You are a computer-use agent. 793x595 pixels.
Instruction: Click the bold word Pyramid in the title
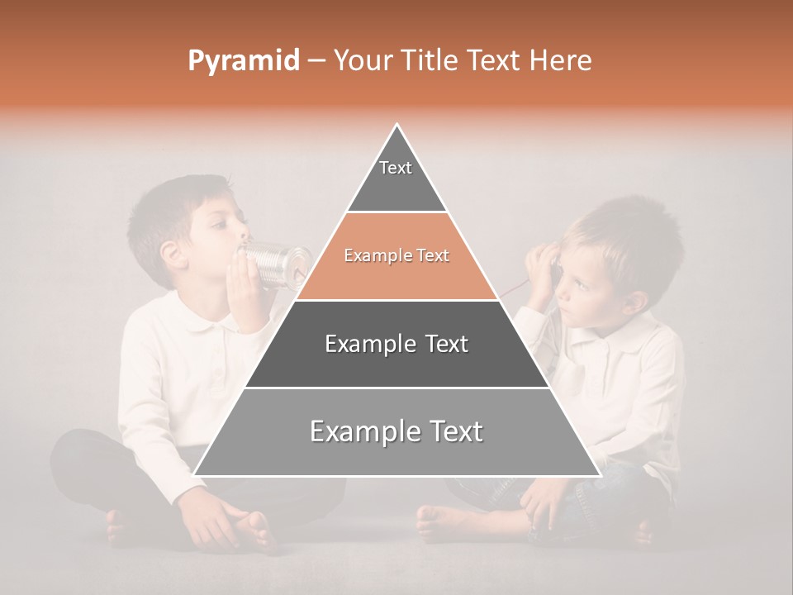point(243,61)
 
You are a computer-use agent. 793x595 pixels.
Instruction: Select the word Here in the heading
point(561,60)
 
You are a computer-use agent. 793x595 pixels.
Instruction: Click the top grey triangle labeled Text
point(396,178)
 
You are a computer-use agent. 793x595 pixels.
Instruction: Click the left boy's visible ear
point(173,254)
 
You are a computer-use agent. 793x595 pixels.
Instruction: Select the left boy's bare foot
point(248,529)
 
